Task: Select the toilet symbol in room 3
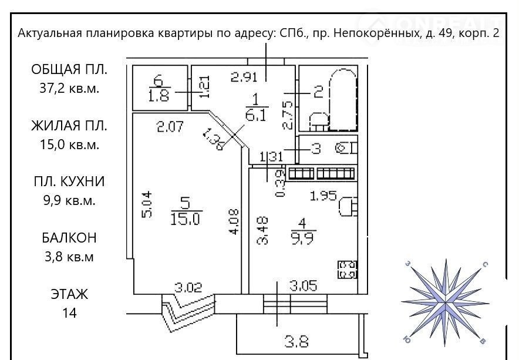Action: (x=346, y=148)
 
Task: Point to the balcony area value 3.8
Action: (x=297, y=341)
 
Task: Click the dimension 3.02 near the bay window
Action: (x=188, y=287)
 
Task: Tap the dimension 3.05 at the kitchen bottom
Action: (x=304, y=286)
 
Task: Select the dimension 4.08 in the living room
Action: (x=234, y=221)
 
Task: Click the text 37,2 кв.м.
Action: (x=69, y=88)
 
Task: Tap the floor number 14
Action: (x=69, y=312)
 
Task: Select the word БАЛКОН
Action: (x=69, y=238)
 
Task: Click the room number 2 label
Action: (x=318, y=92)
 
